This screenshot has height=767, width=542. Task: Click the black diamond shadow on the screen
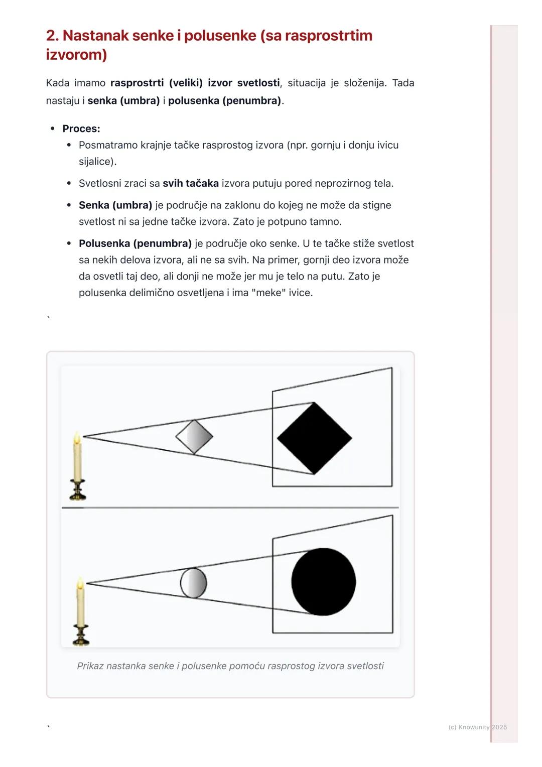coord(314,438)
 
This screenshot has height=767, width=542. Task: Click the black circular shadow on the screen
coord(324,582)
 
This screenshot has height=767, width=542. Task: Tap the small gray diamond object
coord(194,437)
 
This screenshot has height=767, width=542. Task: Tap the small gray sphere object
coord(194,583)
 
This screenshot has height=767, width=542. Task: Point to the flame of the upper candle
coord(77,438)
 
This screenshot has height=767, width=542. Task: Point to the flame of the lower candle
coord(80,583)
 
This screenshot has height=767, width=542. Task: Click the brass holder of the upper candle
coord(78,490)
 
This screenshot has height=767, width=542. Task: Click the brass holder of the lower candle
coord(80,635)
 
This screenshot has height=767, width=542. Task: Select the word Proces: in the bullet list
coord(81,129)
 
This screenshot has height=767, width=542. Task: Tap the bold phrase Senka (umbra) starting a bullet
coord(115,205)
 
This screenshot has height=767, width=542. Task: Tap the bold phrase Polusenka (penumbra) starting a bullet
coord(135,243)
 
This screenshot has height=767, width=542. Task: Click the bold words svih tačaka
coord(191,183)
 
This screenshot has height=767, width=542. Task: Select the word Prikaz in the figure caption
coord(90,666)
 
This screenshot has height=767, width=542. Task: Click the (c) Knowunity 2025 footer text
coord(477,727)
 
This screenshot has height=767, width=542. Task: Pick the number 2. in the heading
coord(52,36)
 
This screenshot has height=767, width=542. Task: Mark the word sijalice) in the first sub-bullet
coord(97,162)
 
